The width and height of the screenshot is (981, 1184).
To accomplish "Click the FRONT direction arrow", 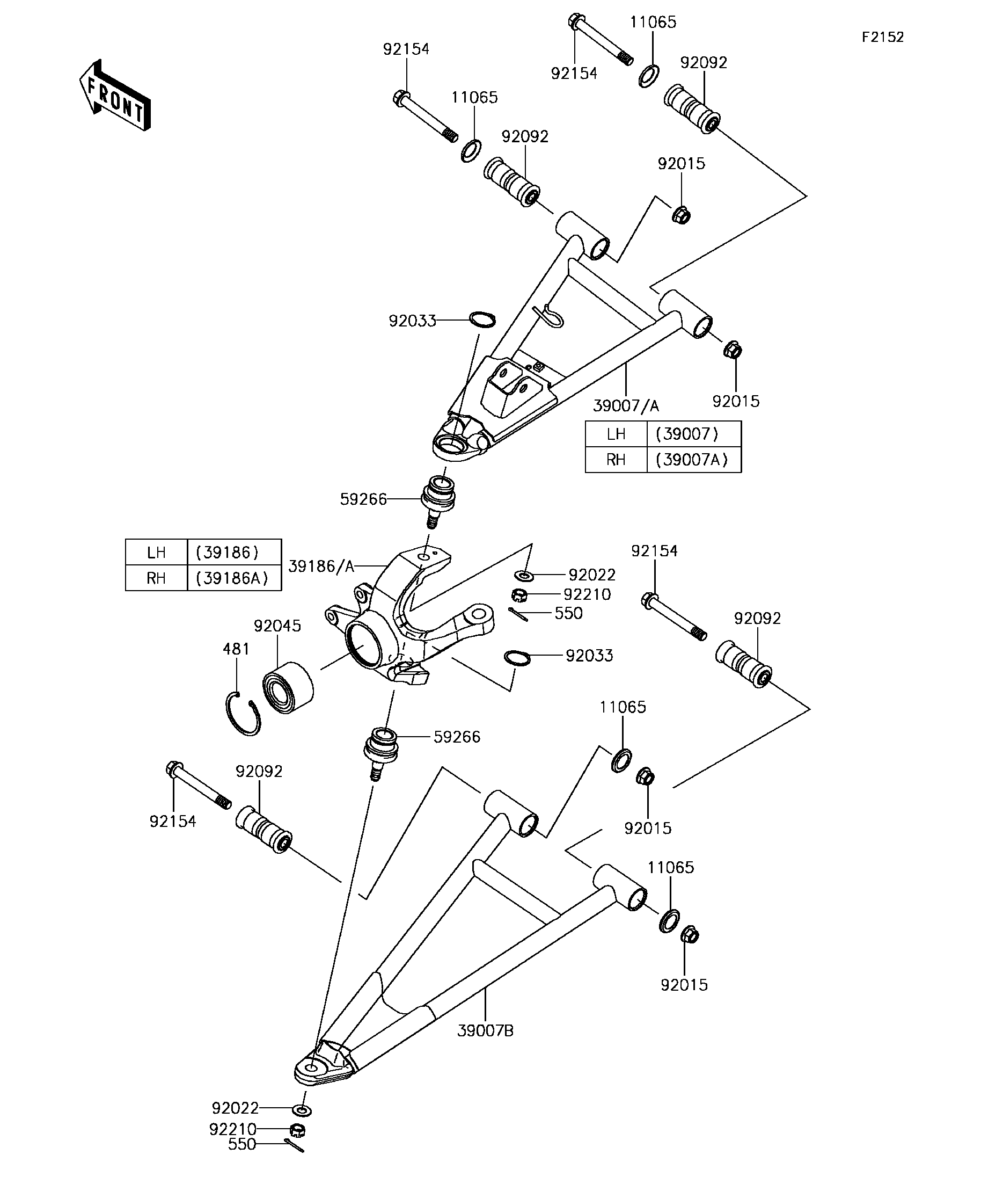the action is [115, 95].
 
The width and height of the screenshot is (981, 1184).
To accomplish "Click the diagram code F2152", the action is [882, 37].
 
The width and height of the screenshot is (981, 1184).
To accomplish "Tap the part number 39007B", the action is [485, 1030].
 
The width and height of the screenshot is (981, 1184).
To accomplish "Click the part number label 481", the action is [236, 649].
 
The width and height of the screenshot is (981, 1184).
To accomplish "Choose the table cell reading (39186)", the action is [227, 552].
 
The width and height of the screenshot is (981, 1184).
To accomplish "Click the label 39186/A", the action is [320, 566].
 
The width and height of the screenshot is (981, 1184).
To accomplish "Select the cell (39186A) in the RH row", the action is [232, 578].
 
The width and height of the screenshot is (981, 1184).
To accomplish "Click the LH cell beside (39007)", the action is [616, 433].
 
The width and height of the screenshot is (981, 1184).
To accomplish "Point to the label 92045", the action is [277, 626].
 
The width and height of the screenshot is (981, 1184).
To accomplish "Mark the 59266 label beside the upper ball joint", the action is [363, 499].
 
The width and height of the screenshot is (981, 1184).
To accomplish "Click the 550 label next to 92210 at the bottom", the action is [241, 1144].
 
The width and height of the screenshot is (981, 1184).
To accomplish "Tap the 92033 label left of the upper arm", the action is [413, 321].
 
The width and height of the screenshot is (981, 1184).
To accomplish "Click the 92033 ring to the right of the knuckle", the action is [517, 657].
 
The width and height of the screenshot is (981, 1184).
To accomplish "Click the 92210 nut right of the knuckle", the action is [519, 594].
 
